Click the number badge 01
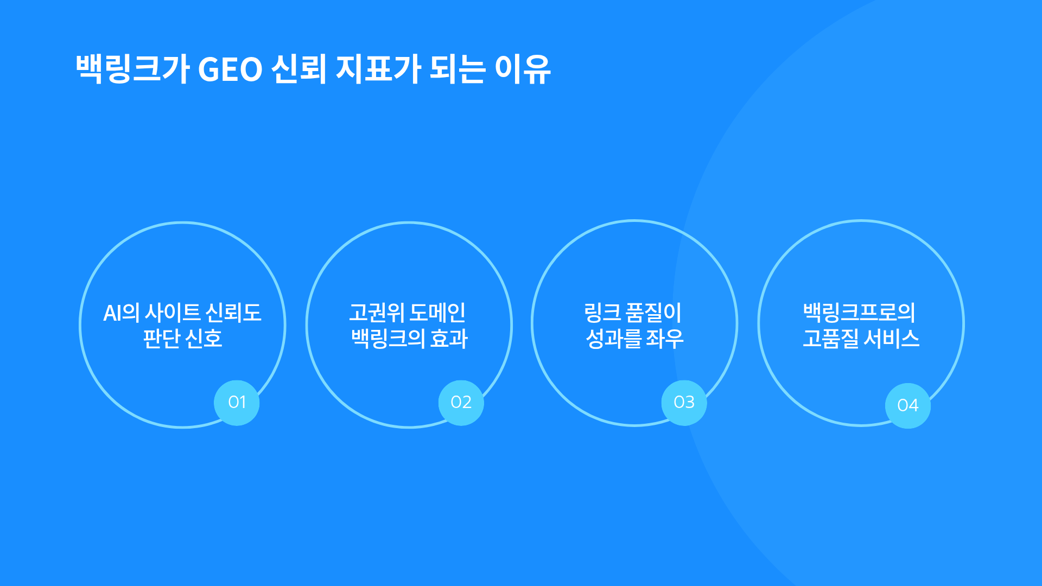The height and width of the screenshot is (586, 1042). click(237, 403)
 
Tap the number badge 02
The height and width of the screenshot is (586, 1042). click(461, 403)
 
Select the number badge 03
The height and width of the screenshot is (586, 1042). click(684, 403)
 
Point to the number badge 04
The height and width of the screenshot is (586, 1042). click(908, 405)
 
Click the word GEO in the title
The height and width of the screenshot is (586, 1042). click(230, 69)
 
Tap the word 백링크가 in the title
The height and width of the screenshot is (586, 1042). click(132, 69)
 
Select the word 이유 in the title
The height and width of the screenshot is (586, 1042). click(523, 69)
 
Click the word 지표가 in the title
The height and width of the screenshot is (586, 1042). click(378, 69)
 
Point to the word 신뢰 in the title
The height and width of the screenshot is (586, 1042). click(299, 69)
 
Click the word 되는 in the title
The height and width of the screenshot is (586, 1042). click(458, 69)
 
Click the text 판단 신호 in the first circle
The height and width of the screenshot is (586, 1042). click(182, 339)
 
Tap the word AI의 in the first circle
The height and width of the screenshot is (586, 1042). click(121, 313)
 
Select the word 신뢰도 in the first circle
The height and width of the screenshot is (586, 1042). click(233, 313)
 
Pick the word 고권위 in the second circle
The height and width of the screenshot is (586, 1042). click(377, 313)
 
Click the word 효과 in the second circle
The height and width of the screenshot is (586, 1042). click(449, 339)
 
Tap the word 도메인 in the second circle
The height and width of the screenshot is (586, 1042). click(437, 313)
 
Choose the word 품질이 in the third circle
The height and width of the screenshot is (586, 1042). click(653, 313)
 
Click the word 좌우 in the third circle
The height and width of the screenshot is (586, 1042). click(665, 339)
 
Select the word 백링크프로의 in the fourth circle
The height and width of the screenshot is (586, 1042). click(860, 313)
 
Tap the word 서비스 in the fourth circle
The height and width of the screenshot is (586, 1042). click(892, 339)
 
